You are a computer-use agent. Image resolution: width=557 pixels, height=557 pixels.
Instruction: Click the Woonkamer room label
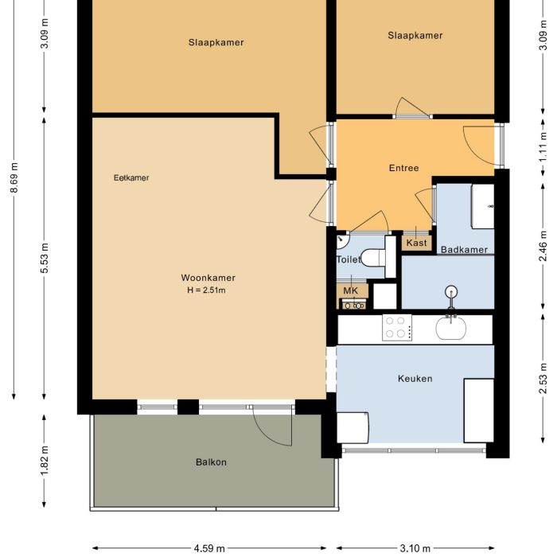click(x=208, y=278)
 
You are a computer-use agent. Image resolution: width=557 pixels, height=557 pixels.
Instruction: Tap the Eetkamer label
click(x=131, y=177)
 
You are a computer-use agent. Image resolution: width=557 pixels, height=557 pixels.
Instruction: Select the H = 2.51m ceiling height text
click(x=208, y=290)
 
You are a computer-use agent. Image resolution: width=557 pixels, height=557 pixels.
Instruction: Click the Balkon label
click(x=212, y=462)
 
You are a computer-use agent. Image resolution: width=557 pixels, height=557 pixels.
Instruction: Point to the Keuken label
click(x=415, y=379)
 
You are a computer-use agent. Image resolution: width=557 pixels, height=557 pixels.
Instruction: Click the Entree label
click(x=403, y=168)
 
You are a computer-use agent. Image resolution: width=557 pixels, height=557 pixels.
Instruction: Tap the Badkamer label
click(x=464, y=250)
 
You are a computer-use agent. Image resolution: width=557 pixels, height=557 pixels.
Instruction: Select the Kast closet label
click(x=416, y=243)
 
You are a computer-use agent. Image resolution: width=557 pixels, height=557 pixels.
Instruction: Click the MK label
click(x=350, y=291)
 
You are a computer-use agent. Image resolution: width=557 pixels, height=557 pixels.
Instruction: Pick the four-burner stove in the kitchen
click(x=397, y=328)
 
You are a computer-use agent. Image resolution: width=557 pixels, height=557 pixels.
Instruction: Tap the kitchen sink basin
click(x=453, y=328)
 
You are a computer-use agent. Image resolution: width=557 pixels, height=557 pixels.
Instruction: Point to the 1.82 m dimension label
click(x=44, y=461)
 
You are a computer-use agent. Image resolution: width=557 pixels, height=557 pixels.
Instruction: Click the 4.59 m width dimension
click(x=209, y=548)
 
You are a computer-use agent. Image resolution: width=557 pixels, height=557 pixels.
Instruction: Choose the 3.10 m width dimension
click(x=415, y=548)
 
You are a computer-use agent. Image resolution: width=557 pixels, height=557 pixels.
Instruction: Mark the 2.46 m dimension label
click(x=543, y=246)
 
